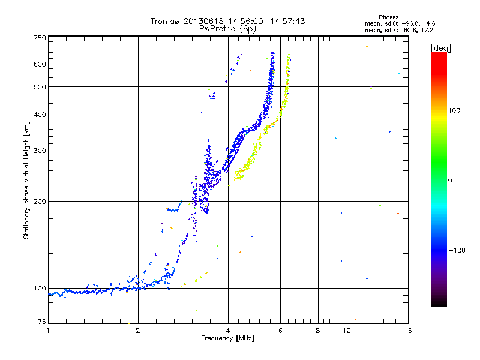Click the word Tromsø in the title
pyautogui.click(x=165, y=21)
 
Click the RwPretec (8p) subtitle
pyautogui.click(x=227, y=28)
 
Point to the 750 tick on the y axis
pyautogui.click(x=40, y=38)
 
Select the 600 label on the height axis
pyautogui.click(x=40, y=64)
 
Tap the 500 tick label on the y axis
pyautogui.click(x=40, y=87)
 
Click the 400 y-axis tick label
pyautogui.click(x=40, y=115)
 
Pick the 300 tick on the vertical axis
pyautogui.click(x=40, y=151)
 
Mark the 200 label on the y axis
pyautogui.click(x=40, y=202)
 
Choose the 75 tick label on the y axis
pyautogui.click(x=41, y=322)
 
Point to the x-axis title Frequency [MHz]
pyautogui.click(x=227, y=339)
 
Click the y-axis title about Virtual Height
pyautogui.click(x=26, y=180)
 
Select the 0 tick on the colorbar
pyautogui.click(x=449, y=180)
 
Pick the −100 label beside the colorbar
pyautogui.click(x=457, y=250)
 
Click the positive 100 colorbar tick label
pyautogui.click(x=455, y=110)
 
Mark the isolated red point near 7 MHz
pyautogui.click(x=298, y=187)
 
